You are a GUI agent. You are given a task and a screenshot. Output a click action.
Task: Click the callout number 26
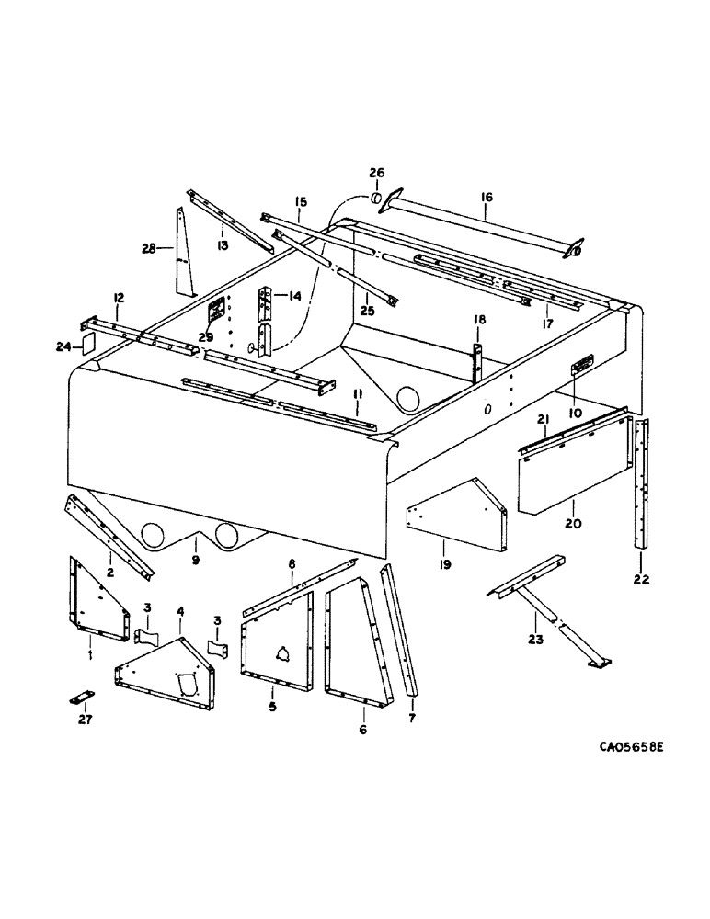(377, 172)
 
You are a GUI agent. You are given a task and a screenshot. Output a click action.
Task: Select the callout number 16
(487, 196)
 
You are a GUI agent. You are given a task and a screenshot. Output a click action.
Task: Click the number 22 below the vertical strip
(641, 579)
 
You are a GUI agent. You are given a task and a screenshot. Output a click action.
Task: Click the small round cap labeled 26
(375, 199)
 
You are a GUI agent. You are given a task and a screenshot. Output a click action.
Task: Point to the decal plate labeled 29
(219, 312)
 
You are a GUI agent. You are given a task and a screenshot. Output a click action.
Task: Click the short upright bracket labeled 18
(477, 361)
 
